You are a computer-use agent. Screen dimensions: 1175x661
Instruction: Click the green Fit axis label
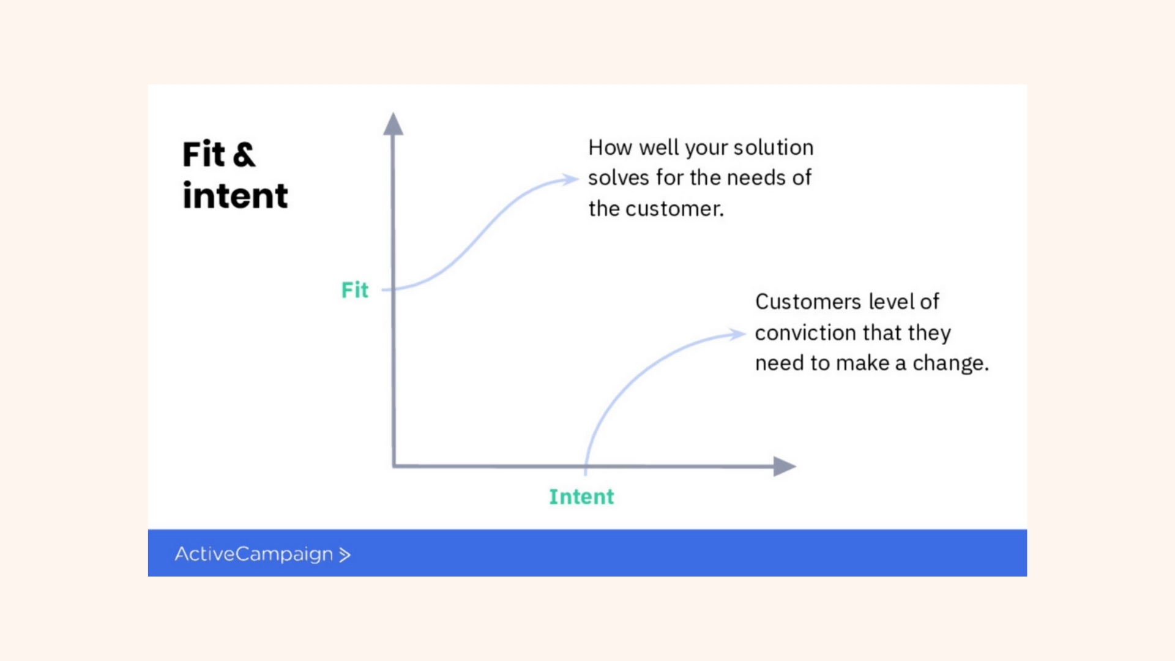[x=355, y=289]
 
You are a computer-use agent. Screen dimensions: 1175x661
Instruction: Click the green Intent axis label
[x=581, y=496]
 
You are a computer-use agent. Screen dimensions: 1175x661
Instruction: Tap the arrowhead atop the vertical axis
[x=393, y=124]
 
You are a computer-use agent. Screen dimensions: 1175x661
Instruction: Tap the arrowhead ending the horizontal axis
[x=785, y=466]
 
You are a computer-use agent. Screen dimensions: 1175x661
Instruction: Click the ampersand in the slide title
[x=244, y=154]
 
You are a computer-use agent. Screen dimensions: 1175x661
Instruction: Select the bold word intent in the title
[x=235, y=196]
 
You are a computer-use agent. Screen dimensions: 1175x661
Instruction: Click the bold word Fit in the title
[x=204, y=154]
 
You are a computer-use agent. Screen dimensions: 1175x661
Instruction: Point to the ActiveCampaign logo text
[x=254, y=554]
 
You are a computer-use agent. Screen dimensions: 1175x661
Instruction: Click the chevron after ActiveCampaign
[x=345, y=555]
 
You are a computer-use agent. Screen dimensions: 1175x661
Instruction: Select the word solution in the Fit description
[x=774, y=148]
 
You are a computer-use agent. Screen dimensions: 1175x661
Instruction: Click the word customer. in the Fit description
[x=674, y=209]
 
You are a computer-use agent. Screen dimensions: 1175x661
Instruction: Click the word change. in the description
[x=951, y=364]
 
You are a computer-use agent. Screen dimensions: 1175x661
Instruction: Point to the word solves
[x=619, y=177]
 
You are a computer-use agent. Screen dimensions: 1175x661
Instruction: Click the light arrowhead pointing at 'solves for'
[x=570, y=179]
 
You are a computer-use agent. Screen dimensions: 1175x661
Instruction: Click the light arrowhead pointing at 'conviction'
[x=737, y=334]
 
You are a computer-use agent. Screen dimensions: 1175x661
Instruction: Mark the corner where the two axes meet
[x=394, y=466]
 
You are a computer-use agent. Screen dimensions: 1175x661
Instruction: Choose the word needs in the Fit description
[x=756, y=177]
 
